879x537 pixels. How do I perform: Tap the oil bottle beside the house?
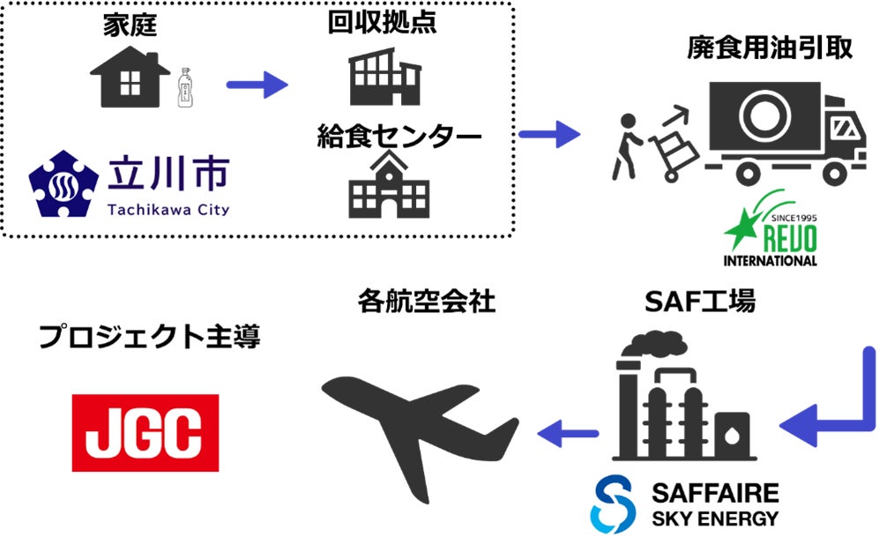pyautogui.click(x=185, y=87)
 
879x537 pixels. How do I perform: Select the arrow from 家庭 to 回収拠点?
pyautogui.click(x=257, y=86)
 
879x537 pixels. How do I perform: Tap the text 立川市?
pyautogui.click(x=167, y=174)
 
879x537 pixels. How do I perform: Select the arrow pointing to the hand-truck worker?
pyautogui.click(x=549, y=135)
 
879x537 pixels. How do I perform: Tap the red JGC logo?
pyautogui.click(x=146, y=432)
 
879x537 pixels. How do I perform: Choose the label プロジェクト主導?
pyautogui.click(x=149, y=337)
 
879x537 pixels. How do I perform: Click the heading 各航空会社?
pyautogui.click(x=427, y=302)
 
